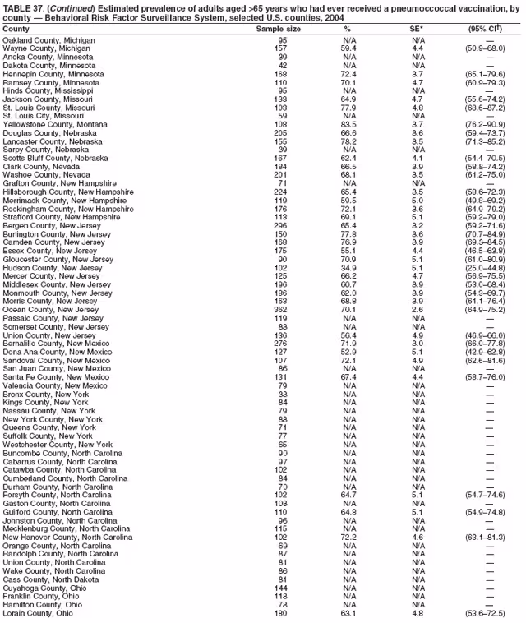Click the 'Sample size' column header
[x=279, y=29]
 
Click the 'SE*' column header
[x=418, y=29]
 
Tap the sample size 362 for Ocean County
[x=282, y=309]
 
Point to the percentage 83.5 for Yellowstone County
[x=348, y=124]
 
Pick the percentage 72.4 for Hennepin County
[x=348, y=74]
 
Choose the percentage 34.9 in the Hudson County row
[x=348, y=267]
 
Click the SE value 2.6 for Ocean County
[x=418, y=309]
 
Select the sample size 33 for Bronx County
[x=282, y=394]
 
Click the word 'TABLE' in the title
[x=16, y=7]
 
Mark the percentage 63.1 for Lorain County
[x=348, y=613]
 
